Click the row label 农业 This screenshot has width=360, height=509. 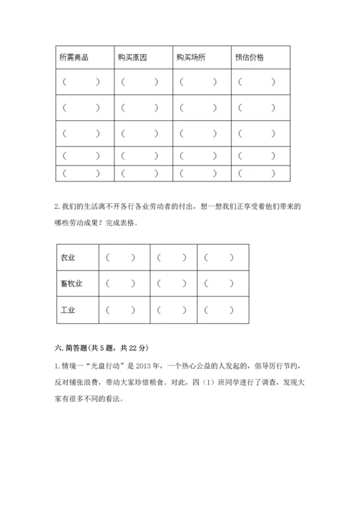pyautogui.click(x=68, y=257)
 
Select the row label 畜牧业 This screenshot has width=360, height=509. pyautogui.click(x=72, y=284)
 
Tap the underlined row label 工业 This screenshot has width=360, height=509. pyautogui.click(x=68, y=310)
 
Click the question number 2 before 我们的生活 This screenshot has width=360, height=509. pyautogui.click(x=57, y=207)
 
